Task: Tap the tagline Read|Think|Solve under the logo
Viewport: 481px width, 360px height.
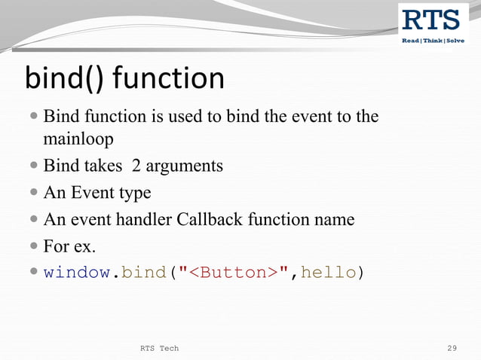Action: click(x=433, y=40)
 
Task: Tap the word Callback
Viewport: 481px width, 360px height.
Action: click(x=207, y=220)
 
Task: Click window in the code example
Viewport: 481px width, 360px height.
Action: click(x=76, y=273)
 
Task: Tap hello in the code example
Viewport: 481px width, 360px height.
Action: click(x=328, y=273)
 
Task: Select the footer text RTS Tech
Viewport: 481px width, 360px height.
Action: click(x=159, y=348)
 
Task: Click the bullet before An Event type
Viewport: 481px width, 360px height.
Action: click(x=35, y=194)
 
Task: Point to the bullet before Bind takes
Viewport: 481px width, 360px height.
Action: click(x=35, y=166)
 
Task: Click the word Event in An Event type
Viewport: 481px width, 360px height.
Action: click(x=93, y=193)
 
